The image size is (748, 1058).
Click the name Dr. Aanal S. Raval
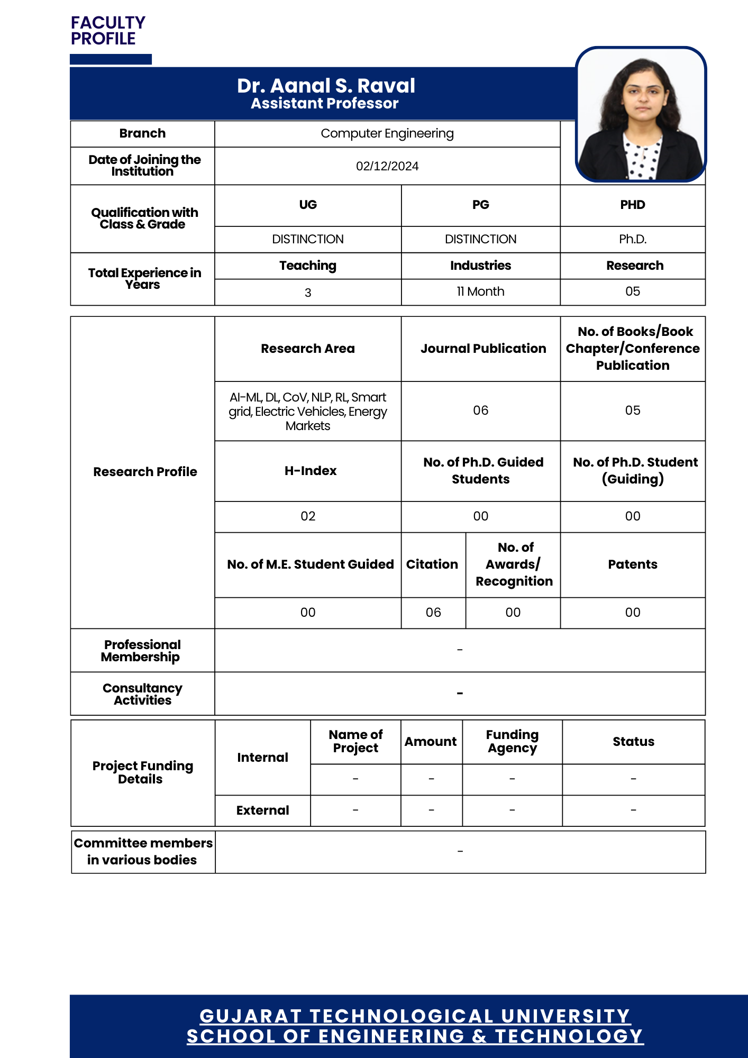[326, 86]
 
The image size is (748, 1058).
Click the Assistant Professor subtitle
[324, 104]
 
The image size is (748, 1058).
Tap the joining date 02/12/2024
[387, 166]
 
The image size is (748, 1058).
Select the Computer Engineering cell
[387, 133]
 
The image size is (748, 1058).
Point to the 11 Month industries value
[480, 291]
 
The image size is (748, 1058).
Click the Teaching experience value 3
[308, 293]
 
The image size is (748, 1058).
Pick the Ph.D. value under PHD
[633, 239]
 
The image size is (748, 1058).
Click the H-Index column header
[311, 471]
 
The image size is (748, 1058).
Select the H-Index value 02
[308, 516]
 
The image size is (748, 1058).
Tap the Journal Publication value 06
[480, 411]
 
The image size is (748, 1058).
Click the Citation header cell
[432, 564]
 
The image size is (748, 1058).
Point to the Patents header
[633, 564]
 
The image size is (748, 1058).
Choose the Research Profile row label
[145, 472]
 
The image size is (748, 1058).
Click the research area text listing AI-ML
[308, 412]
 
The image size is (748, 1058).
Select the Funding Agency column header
[512, 742]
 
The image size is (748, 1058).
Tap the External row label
[262, 810]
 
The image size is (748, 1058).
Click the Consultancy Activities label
[142, 694]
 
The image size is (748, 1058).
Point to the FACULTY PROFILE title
[108, 31]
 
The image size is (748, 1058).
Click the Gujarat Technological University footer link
[415, 1016]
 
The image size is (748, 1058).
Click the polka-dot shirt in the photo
[642, 159]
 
